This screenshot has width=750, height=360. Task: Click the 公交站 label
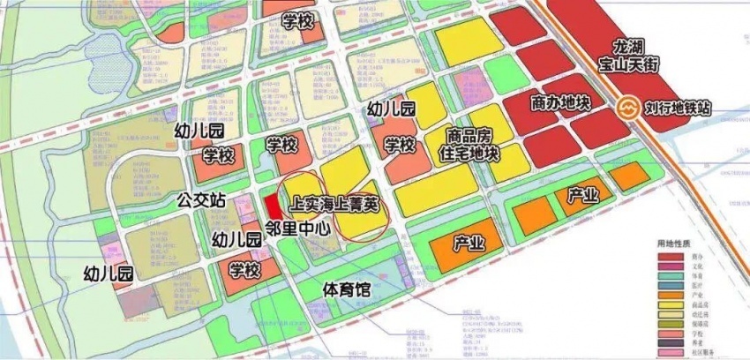201,200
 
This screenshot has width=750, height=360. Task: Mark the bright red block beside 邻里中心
274,205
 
